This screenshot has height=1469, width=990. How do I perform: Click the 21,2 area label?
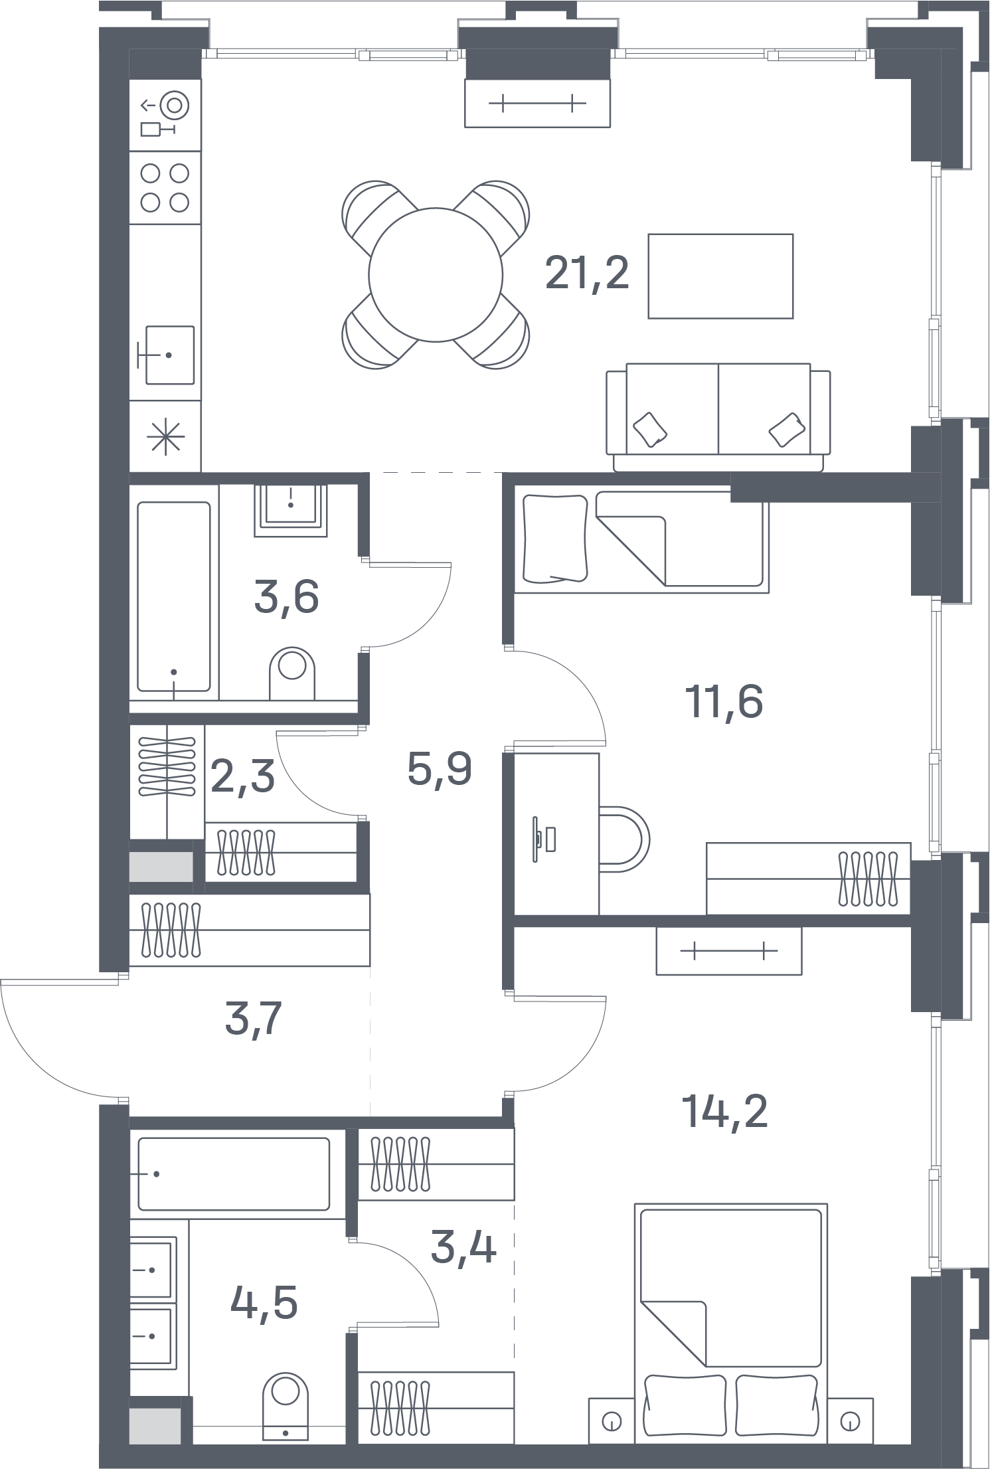click(x=587, y=274)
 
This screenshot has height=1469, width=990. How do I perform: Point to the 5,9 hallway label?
click(x=440, y=769)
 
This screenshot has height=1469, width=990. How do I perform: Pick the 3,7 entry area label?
click(x=254, y=1019)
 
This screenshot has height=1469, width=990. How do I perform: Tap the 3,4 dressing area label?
click(x=463, y=1247)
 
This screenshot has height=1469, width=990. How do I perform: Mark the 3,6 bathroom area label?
click(x=286, y=596)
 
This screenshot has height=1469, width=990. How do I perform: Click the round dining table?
click(x=436, y=275)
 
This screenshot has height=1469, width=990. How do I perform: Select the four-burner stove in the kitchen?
click(x=165, y=188)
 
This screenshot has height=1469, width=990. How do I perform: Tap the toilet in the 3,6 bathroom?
click(x=292, y=672)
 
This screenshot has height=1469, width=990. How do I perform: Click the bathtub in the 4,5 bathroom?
click(x=234, y=1174)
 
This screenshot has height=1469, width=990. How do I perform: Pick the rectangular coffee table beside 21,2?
click(x=720, y=276)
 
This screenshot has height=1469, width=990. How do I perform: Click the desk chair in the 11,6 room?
click(x=624, y=839)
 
